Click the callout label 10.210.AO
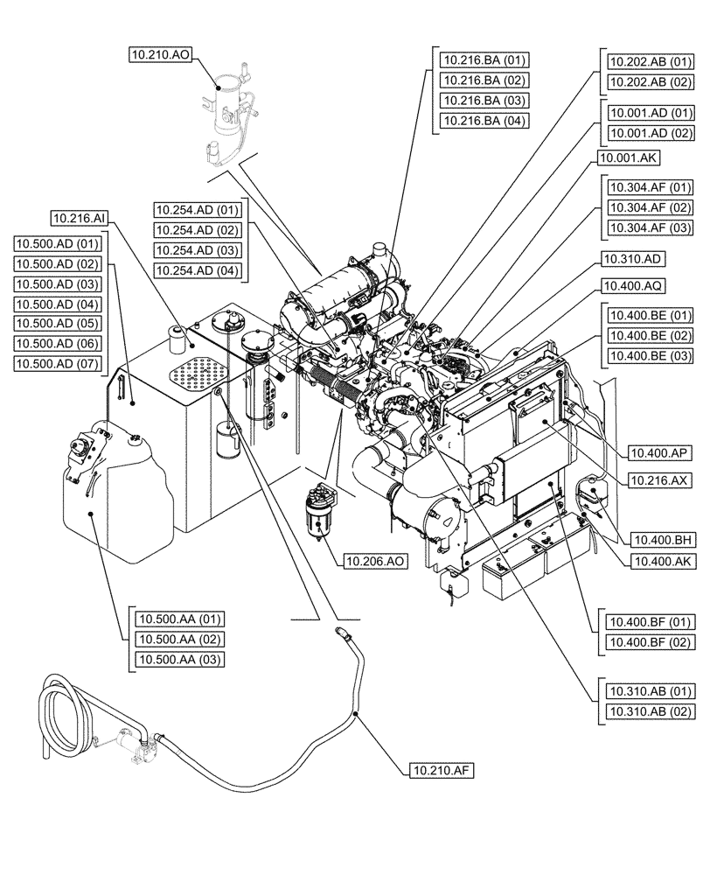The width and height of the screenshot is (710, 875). pyautogui.click(x=160, y=55)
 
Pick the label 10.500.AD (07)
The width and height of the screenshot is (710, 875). pyautogui.click(x=58, y=362)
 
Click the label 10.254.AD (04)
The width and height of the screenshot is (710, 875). pyautogui.click(x=197, y=270)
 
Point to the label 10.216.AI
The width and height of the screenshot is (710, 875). pyautogui.click(x=81, y=217)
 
